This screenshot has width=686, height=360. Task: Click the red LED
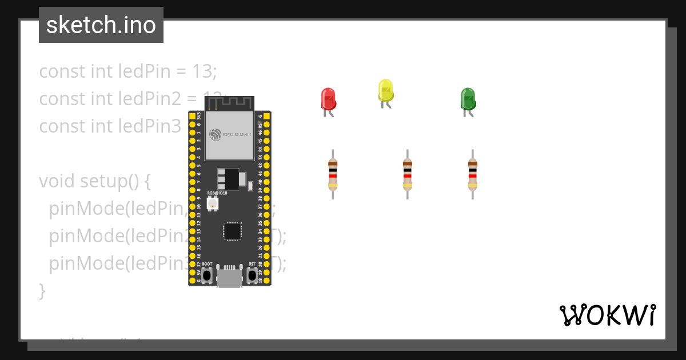328,99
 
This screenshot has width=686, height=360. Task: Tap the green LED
468,99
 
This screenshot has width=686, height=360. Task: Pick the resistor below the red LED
333,174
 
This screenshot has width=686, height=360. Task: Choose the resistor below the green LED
473,174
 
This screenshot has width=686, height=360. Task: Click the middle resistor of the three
408,174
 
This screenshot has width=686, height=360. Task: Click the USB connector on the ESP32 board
229,278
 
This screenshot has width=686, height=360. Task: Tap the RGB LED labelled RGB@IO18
213,204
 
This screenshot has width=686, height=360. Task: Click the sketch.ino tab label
101,25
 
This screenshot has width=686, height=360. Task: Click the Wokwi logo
607,315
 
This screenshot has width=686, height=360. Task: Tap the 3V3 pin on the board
192,115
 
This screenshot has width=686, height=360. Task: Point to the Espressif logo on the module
215,134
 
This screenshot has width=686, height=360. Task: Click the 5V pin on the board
192,273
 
